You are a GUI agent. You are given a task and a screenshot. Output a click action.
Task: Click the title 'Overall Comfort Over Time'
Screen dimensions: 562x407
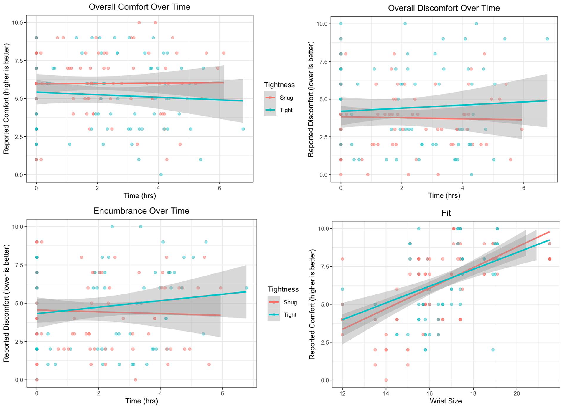point(139,7)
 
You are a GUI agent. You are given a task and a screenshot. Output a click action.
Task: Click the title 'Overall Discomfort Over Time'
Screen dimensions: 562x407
point(444,8)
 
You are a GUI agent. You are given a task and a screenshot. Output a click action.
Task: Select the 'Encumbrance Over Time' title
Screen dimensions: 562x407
point(141,211)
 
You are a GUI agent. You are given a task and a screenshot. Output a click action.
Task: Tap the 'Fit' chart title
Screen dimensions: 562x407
point(446,213)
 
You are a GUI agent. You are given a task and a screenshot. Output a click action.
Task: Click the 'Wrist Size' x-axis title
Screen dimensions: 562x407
point(446,401)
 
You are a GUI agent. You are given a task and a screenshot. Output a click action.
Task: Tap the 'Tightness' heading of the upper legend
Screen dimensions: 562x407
point(279,85)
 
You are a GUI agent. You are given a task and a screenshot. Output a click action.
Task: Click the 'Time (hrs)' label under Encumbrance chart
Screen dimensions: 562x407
point(141,401)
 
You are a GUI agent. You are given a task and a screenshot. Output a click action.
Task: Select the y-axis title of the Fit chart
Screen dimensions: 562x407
point(312,304)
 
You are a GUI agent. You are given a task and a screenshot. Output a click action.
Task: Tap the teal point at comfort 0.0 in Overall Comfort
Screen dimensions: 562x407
point(161,175)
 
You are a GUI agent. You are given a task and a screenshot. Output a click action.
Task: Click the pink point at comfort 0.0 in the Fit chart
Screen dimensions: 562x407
point(386,380)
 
